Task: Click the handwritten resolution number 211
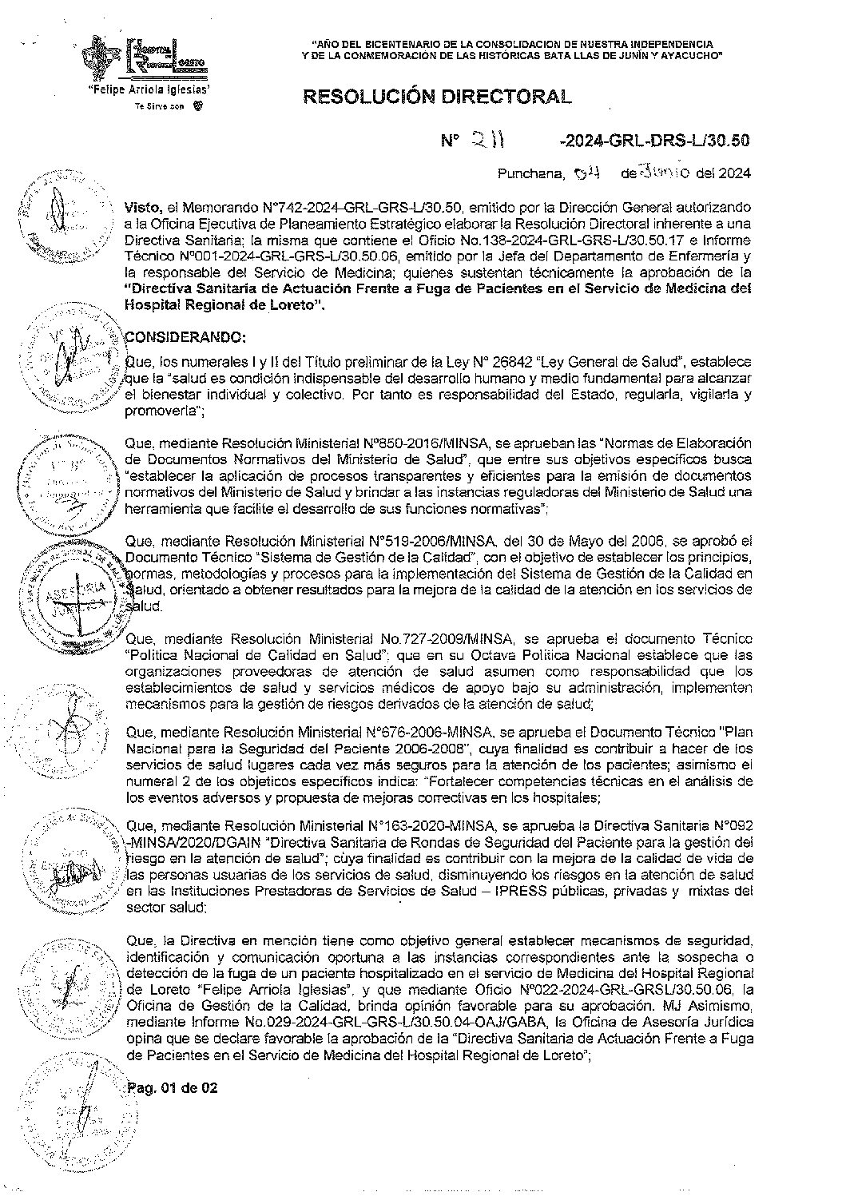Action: pos(487,141)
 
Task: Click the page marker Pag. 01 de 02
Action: pos(173,1088)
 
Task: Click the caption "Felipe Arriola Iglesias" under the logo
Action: pos(149,90)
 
